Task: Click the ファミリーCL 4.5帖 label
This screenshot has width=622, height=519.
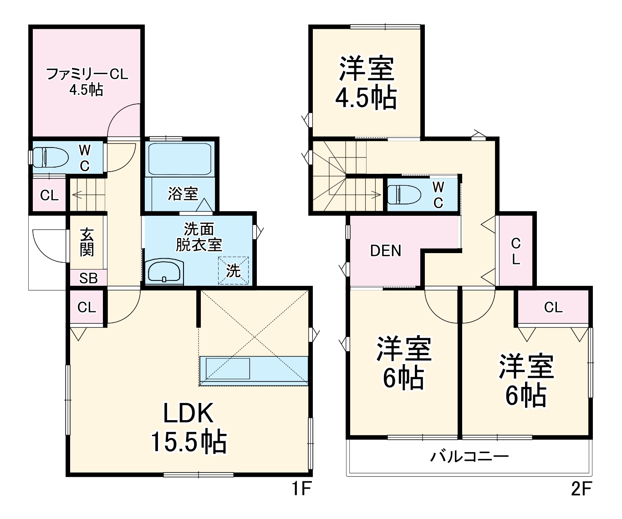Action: (87, 81)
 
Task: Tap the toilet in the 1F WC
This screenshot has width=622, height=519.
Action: (50, 158)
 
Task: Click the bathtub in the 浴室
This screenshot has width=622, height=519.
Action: (179, 159)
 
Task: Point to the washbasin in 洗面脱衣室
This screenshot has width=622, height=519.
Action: (164, 272)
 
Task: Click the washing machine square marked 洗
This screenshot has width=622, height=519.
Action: (234, 270)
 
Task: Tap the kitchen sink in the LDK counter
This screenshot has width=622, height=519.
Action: (228, 368)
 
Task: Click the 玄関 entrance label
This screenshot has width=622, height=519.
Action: (87, 242)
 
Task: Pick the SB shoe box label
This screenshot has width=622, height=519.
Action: (88, 278)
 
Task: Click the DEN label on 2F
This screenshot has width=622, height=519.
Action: (386, 251)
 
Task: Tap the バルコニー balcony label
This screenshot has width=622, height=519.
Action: (469, 456)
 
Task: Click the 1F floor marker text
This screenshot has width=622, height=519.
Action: (301, 489)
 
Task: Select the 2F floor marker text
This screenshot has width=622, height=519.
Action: (581, 489)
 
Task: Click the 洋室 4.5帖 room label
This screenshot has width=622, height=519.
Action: (366, 82)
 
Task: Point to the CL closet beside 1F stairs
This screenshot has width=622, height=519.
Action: (49, 196)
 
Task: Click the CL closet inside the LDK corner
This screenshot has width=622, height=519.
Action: (87, 307)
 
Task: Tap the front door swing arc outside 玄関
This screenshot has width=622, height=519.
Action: (48, 246)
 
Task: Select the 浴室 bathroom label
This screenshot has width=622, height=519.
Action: (183, 194)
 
